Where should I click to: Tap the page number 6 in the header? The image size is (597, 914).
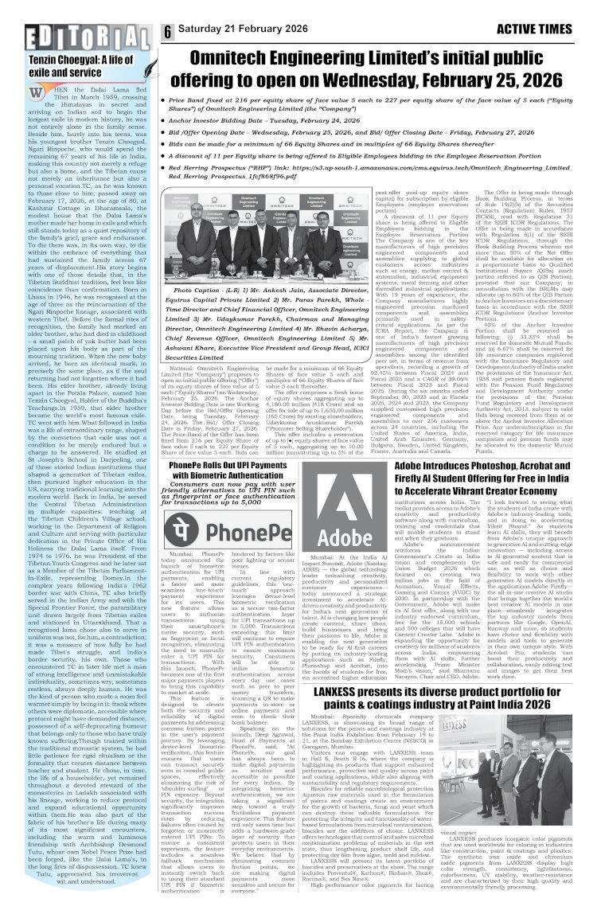click(x=169, y=30)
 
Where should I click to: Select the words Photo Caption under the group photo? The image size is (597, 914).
click(x=209, y=291)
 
